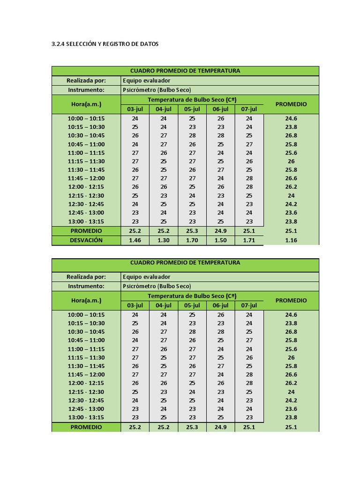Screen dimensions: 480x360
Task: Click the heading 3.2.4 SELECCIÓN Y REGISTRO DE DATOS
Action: [105, 44]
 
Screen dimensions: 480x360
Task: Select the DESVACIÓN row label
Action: [86, 240]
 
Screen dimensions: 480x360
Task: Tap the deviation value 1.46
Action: [135, 240]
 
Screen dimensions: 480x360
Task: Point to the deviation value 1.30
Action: [164, 240]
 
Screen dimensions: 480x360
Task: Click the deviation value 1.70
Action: [192, 240]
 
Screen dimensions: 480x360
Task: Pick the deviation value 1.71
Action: [249, 240]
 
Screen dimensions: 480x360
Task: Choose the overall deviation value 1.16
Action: [291, 240]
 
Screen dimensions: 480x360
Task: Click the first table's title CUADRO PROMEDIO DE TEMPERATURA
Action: [185, 71]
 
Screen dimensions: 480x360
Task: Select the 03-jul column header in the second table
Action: [135, 305]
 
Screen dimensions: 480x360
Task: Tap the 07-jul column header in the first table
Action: [249, 109]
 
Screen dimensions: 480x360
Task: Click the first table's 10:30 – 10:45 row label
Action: [86, 135]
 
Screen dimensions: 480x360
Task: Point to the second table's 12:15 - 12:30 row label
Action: [86, 392]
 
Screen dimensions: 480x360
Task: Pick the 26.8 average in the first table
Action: [291, 135]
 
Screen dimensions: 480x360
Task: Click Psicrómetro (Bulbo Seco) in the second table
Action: [157, 286]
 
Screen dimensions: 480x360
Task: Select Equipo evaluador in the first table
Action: [146, 80]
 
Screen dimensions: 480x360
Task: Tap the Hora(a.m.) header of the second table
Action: [86, 300]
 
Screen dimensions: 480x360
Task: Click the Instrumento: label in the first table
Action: [86, 90]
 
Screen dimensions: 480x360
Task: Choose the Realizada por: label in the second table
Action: [86, 277]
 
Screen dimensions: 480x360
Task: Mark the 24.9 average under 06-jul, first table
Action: [221, 231]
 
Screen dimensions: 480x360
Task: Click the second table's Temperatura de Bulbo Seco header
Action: [192, 296]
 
